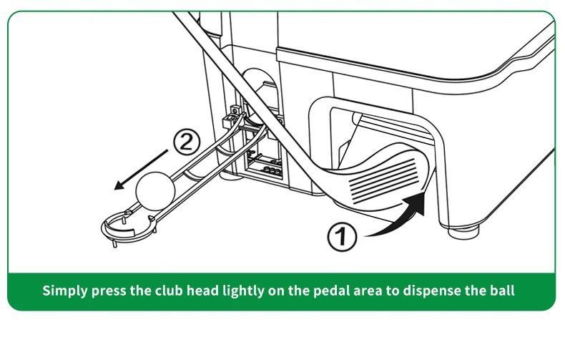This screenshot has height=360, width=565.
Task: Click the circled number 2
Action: [185, 142]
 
